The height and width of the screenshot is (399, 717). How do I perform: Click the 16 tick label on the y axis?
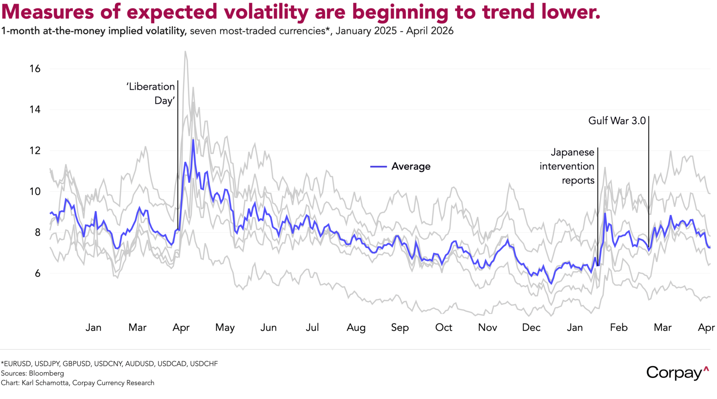(x=35, y=69)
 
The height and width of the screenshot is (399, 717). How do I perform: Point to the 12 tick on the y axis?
(x=35, y=150)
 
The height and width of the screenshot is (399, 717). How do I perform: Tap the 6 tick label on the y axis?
(x=37, y=273)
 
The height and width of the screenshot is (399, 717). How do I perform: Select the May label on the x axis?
(x=225, y=328)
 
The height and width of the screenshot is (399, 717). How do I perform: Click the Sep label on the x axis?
(x=400, y=328)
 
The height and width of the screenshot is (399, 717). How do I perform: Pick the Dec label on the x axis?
(x=531, y=328)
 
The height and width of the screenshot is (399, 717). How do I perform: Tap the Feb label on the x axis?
(x=619, y=328)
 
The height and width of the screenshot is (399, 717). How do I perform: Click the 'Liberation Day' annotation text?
(x=151, y=93)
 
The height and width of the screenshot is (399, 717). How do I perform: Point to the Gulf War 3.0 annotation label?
(x=617, y=121)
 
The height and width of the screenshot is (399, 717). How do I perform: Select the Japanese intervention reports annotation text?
(x=567, y=166)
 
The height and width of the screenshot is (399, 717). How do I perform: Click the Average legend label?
(x=411, y=166)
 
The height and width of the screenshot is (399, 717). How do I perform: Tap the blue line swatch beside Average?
(x=379, y=166)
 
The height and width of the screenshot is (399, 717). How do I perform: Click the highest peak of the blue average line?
(x=193, y=140)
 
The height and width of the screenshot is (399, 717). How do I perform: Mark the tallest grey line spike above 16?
(x=185, y=52)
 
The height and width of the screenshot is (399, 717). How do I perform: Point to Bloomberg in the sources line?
(x=46, y=373)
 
